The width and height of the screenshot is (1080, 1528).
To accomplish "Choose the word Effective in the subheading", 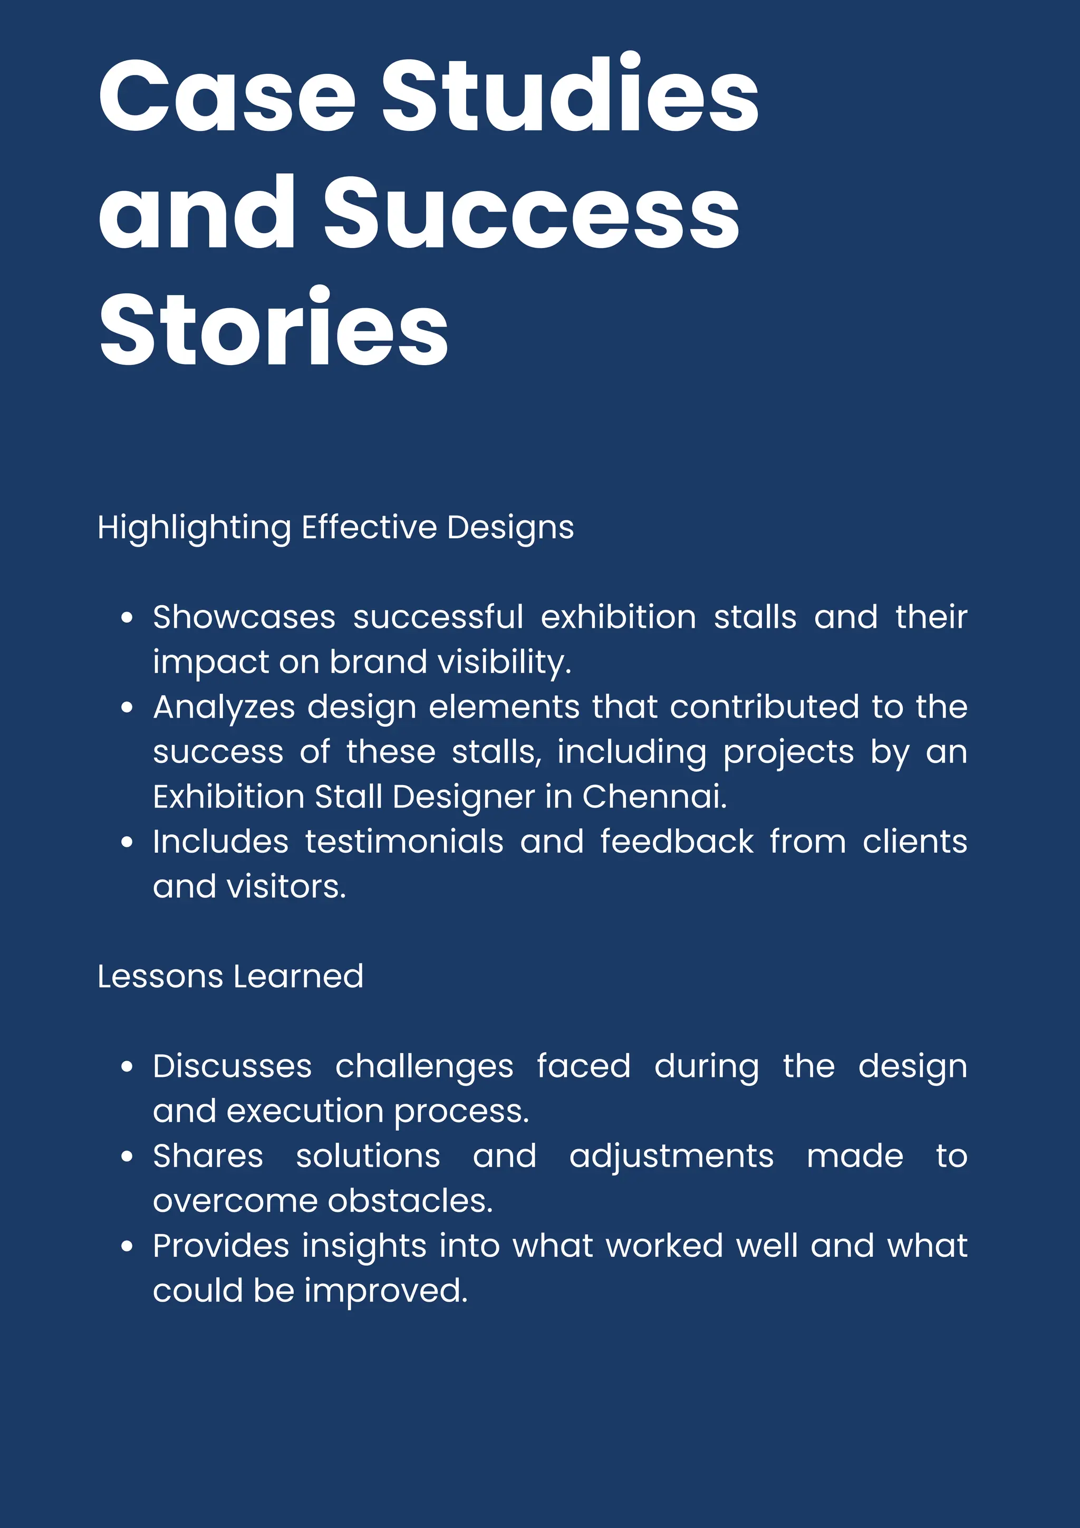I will [x=369, y=527].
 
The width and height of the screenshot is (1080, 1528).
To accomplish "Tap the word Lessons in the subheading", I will [x=160, y=977].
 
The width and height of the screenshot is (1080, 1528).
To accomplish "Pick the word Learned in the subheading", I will [x=298, y=977].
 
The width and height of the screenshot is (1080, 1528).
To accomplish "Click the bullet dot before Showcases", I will [x=127, y=618].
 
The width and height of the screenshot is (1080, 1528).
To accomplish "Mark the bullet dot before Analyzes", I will [x=127, y=708].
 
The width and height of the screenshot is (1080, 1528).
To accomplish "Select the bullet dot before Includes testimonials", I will [x=127, y=843].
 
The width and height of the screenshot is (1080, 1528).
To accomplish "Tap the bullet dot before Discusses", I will [x=127, y=1067].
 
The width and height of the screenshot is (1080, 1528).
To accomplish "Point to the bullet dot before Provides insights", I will [x=127, y=1246].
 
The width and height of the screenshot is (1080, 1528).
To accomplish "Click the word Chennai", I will [x=654, y=797].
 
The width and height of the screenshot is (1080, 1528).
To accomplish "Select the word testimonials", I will [x=404, y=842].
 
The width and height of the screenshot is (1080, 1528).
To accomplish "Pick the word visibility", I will [x=505, y=663].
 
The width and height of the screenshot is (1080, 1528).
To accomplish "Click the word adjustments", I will [x=672, y=1157].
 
